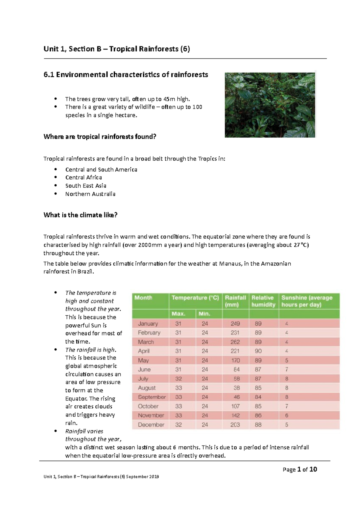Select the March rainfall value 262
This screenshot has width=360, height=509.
[235, 342]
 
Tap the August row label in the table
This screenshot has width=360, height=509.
[147, 388]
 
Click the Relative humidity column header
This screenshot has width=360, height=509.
[263, 301]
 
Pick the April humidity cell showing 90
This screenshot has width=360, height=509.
[258, 351]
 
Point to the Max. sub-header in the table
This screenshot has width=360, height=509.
[178, 314]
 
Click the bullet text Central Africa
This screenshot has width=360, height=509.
[84, 177]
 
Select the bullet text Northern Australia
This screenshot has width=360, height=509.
[90, 194]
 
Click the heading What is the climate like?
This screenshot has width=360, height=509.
[80, 215]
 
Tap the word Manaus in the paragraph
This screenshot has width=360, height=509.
[230, 264]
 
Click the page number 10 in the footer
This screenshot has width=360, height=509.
[313, 469]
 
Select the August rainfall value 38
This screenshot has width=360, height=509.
[237, 388]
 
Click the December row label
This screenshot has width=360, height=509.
[151, 424]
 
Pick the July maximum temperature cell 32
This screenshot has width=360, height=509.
[178, 379]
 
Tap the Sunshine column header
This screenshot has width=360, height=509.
[307, 301]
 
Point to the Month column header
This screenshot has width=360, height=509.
[143, 298]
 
